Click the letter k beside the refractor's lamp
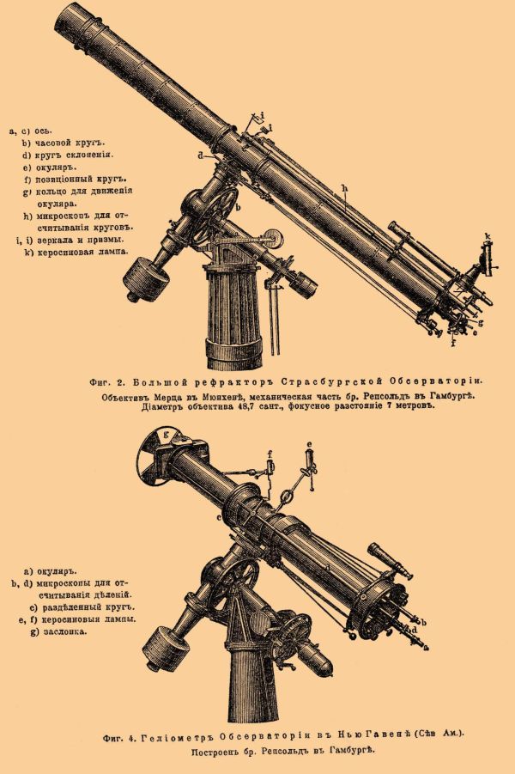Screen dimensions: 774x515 pos(487,235)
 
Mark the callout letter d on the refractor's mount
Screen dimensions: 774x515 pos(199,155)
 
